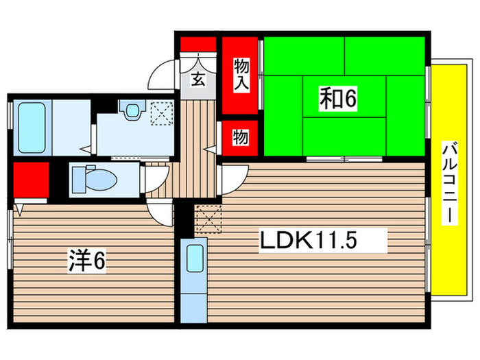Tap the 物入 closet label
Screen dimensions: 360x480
241,74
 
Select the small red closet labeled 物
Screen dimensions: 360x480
241,137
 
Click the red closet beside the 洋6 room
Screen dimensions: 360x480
29,180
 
